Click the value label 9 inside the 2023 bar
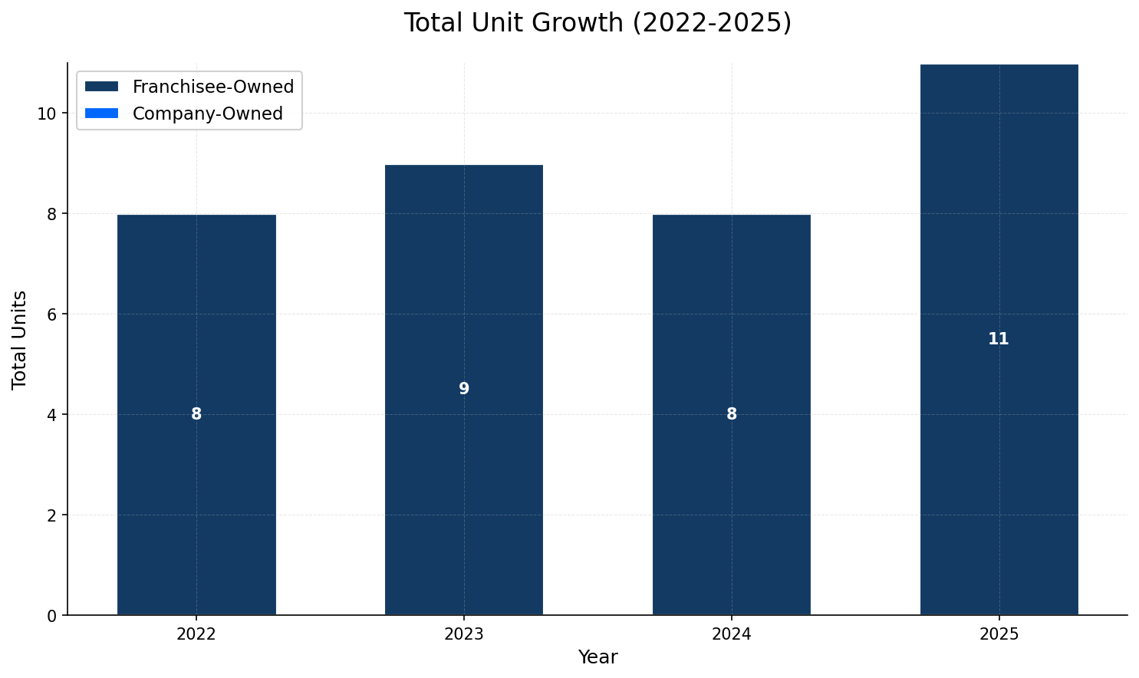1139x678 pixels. [464, 389]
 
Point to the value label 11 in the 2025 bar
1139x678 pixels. [998, 339]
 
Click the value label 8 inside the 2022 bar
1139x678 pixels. [196, 414]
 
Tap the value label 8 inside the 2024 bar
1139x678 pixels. [732, 414]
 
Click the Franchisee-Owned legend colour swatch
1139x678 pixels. [101, 87]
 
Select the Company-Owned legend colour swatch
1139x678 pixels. [101, 114]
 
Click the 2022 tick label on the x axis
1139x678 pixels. [196, 634]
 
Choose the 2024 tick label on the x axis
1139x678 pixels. [731, 634]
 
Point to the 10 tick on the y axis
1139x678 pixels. [47, 114]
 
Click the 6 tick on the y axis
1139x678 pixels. [51, 314]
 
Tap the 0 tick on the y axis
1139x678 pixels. [51, 615]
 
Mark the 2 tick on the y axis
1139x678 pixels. [51, 515]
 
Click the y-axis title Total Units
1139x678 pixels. [20, 339]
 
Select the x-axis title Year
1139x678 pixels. [597, 657]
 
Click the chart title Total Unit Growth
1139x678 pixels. [597, 23]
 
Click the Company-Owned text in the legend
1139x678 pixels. [207, 114]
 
